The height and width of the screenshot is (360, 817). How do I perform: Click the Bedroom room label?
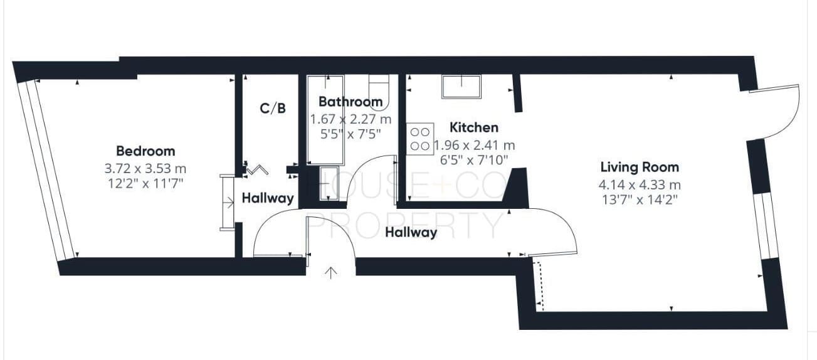pyautogui.click(x=145, y=151)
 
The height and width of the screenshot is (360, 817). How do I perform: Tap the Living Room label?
pyautogui.click(x=640, y=167)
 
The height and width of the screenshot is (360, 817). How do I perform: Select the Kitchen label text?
pyautogui.click(x=474, y=127)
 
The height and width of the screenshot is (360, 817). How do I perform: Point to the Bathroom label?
pyautogui.click(x=351, y=102)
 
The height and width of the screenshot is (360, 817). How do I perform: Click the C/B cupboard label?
pyautogui.click(x=273, y=108)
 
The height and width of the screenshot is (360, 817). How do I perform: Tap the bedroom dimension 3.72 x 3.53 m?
pyautogui.click(x=145, y=169)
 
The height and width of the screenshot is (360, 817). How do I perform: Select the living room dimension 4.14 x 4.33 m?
pyautogui.click(x=640, y=185)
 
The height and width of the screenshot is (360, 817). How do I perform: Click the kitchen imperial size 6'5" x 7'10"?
pyautogui.click(x=474, y=160)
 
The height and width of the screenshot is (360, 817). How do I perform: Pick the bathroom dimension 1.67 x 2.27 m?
pyautogui.click(x=351, y=119)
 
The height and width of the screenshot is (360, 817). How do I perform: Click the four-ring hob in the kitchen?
pyautogui.click(x=420, y=139)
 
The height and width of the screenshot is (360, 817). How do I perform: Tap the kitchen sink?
pyautogui.click(x=461, y=87)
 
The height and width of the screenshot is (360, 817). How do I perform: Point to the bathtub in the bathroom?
pyautogui.click(x=325, y=120)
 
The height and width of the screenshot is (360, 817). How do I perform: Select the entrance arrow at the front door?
pyautogui.click(x=330, y=273)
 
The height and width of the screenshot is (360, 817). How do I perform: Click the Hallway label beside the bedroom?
pyautogui.click(x=268, y=198)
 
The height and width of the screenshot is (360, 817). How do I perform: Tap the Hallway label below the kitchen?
pyautogui.click(x=411, y=232)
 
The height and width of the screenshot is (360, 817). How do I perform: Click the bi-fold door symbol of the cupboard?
pyautogui.click(x=257, y=169)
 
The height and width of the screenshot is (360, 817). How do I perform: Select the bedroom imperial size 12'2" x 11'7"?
pyautogui.click(x=145, y=183)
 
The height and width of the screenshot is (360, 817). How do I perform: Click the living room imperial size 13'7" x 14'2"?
pyautogui.click(x=640, y=200)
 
